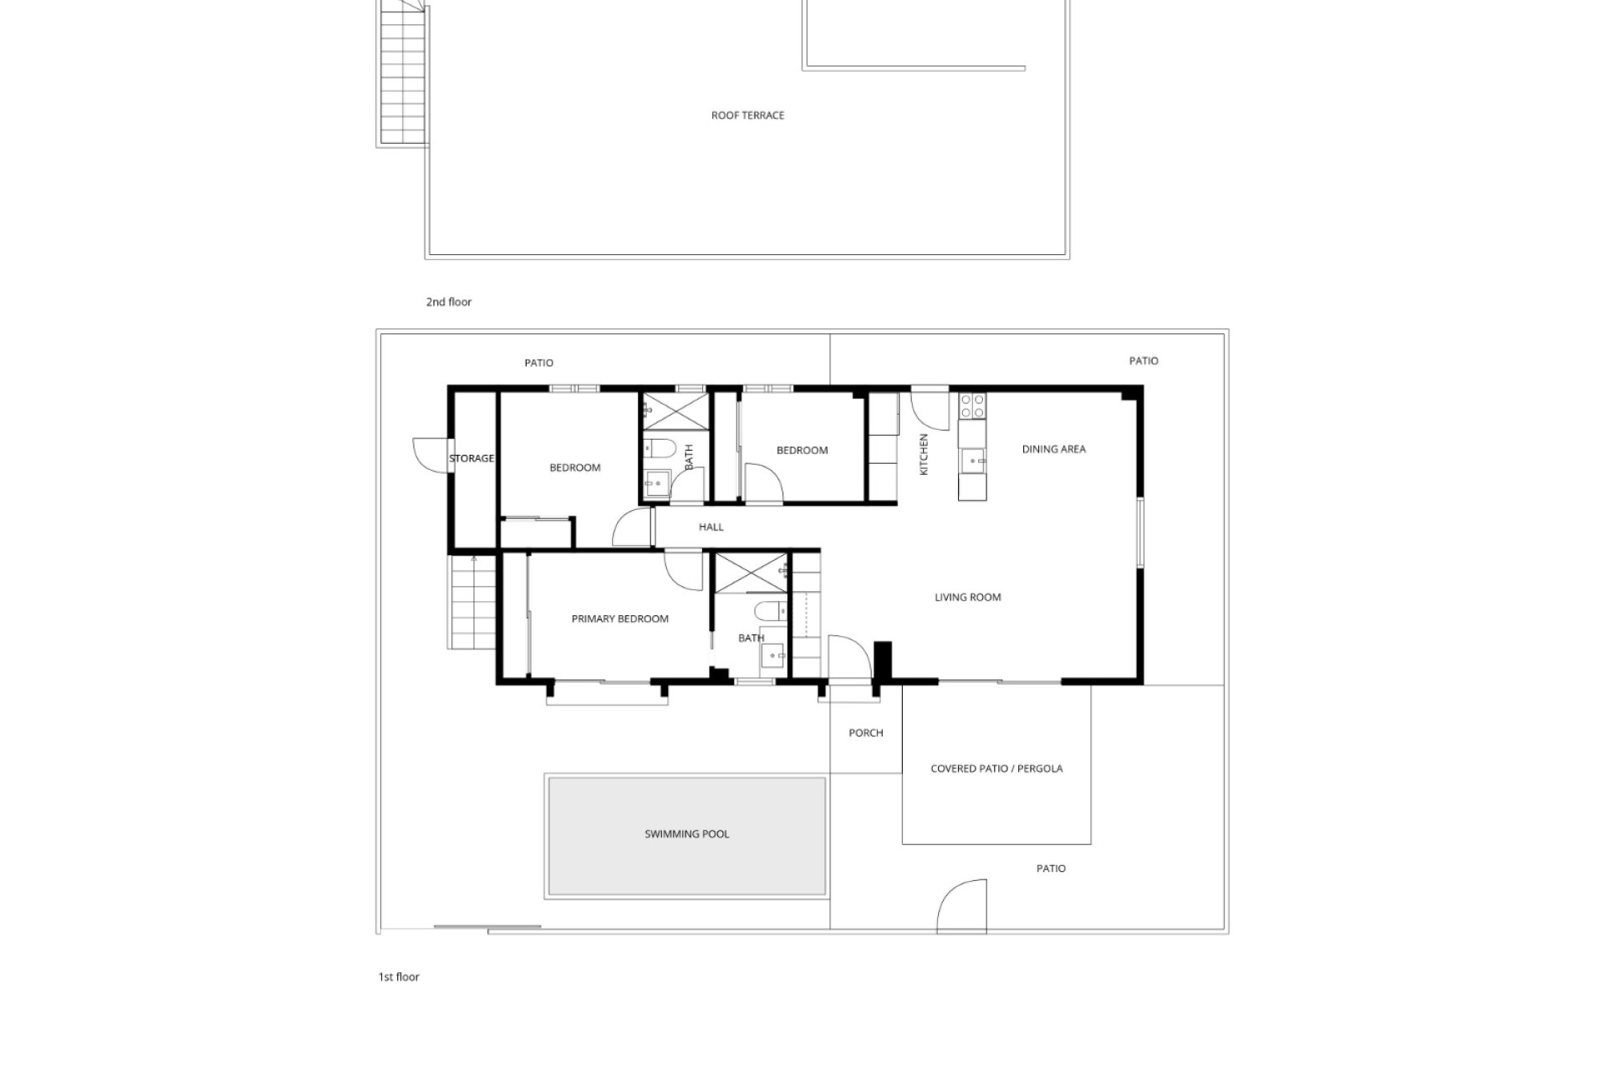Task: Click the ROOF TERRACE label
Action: click(x=747, y=115)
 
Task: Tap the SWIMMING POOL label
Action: click(x=686, y=834)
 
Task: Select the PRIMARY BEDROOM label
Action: click(x=619, y=619)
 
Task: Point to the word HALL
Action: click(x=711, y=527)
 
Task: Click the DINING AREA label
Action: click(x=1053, y=449)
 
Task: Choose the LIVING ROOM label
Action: click(x=967, y=597)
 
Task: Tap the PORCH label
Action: click(x=865, y=733)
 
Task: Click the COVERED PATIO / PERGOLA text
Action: click(x=996, y=768)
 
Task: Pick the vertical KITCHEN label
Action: click(x=924, y=455)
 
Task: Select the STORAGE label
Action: click(x=471, y=459)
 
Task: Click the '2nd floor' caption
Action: click(x=449, y=302)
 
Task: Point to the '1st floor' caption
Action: click(x=399, y=976)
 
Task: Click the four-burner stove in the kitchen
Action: click(x=972, y=405)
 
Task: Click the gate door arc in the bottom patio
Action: click(x=962, y=905)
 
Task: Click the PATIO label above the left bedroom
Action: click(x=538, y=363)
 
